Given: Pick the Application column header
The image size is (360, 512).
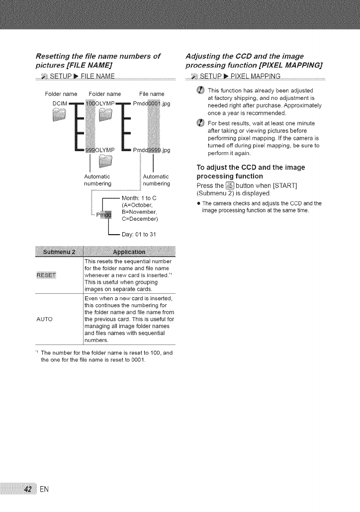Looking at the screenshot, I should (x=129, y=250).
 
